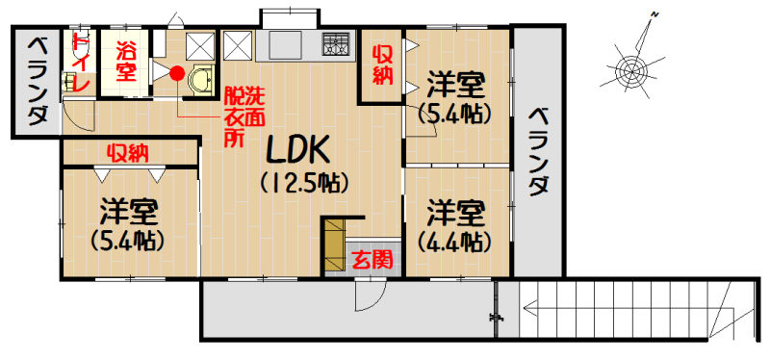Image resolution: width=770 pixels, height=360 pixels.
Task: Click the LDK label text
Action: pyautogui.click(x=298, y=149)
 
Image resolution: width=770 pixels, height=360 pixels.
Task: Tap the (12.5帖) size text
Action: pyautogui.click(x=304, y=184)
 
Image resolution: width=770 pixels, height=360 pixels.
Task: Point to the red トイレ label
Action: pyautogui.click(x=80, y=63)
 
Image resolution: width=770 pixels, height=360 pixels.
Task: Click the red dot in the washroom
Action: pyautogui.click(x=177, y=73)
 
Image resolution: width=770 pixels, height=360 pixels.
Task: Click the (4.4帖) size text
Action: pyautogui.click(x=454, y=242)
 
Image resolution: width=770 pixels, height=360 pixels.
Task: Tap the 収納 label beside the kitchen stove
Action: pyautogui.click(x=382, y=65)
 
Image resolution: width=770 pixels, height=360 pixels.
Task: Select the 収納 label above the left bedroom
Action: pyautogui.click(x=129, y=154)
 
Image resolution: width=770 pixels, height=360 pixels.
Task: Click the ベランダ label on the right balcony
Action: pyautogui.click(x=538, y=151)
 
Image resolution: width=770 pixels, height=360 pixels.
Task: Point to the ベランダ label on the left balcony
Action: pyautogui.click(x=38, y=82)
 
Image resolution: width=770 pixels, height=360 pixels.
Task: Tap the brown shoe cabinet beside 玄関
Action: pyautogui.click(x=333, y=246)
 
